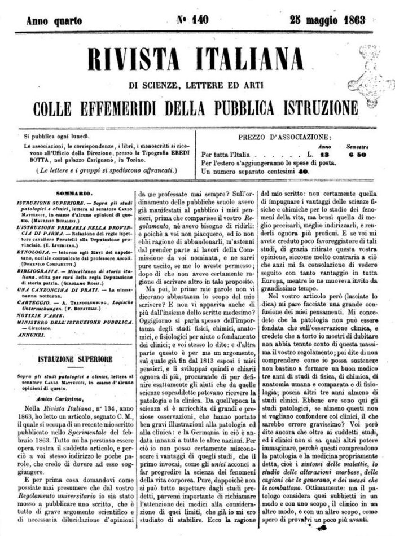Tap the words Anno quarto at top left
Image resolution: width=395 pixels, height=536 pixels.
[x=54, y=21]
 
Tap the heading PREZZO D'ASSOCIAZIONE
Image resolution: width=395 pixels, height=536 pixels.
[x=285, y=137]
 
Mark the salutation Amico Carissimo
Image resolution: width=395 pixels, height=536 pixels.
[x=50, y=397]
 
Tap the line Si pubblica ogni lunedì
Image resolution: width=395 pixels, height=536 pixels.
[x=57, y=136]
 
